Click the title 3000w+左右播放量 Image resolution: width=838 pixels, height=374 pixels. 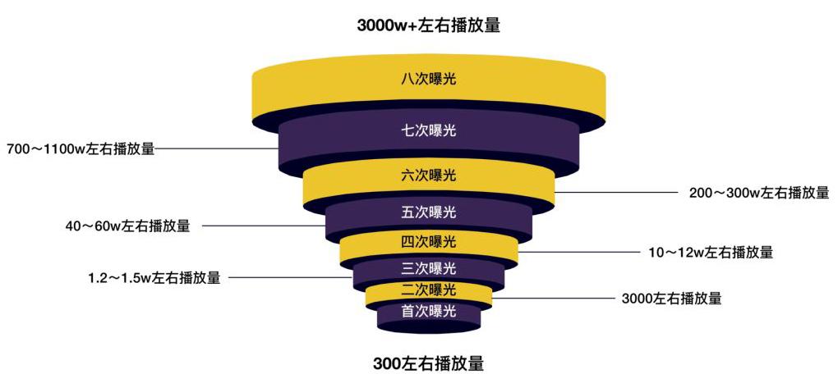pos(429,25)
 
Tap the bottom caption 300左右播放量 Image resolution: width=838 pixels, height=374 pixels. pos(429,363)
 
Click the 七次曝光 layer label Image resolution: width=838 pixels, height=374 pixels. pos(429,130)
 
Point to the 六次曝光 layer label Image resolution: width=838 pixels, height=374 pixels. pos(429,175)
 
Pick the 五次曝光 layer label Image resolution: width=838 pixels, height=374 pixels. pos(429,212)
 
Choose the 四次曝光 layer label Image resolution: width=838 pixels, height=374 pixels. pos(429,242)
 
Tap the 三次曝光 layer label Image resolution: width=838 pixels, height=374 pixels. pos(429,267)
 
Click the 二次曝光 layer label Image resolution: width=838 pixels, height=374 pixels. pos(429,290)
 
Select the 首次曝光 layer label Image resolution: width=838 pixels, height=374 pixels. pos(429,311)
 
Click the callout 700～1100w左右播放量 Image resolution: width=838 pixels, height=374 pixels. pos(81,148)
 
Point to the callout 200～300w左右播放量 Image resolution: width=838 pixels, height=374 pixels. pos(759,192)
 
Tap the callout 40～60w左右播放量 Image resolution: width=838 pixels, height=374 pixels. pos(127,226)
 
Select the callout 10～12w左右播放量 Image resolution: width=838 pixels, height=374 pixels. pos(711,252)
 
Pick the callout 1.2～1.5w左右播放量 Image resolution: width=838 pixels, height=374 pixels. pos(154,277)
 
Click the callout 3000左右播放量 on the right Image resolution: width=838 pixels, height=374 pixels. pos(672,299)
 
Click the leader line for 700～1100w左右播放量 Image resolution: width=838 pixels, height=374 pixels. pos(217,148)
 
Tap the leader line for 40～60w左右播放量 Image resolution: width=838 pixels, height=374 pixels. pos(264,226)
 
